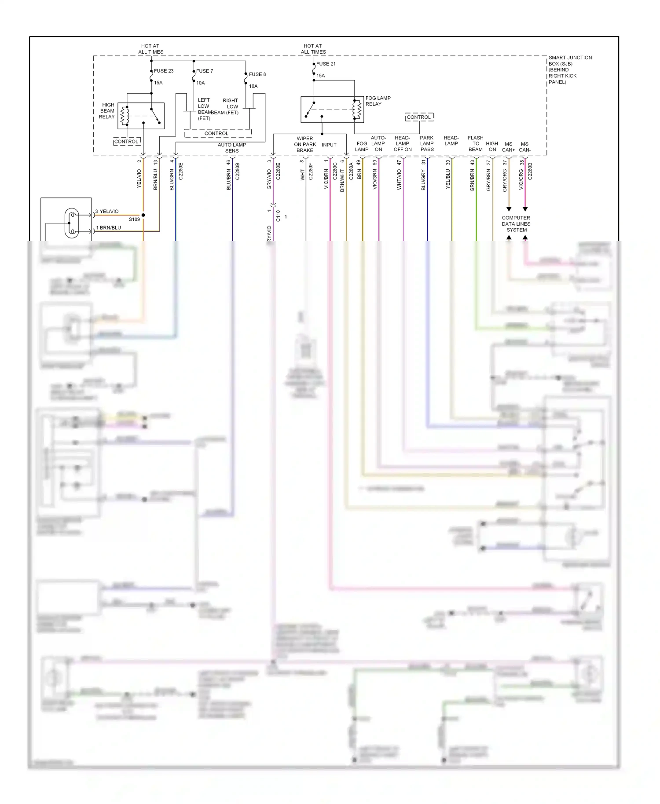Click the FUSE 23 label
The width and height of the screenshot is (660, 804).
(x=163, y=71)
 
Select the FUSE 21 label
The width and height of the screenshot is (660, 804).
(x=326, y=64)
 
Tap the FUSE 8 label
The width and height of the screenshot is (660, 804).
(x=257, y=74)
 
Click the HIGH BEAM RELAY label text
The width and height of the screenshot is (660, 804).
(x=107, y=111)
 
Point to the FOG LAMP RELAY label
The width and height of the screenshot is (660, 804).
(x=378, y=101)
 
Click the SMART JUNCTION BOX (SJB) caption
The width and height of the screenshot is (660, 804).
(x=569, y=69)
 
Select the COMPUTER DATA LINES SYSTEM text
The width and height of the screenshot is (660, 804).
(x=516, y=224)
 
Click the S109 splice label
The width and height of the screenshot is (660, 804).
(x=134, y=219)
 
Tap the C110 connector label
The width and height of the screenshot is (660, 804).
(x=278, y=216)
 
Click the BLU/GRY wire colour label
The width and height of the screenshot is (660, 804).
(x=423, y=180)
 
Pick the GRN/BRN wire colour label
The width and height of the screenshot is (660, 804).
(x=472, y=180)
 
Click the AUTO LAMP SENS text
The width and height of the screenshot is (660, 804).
(x=231, y=148)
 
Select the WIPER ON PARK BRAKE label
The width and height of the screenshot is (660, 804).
(x=304, y=144)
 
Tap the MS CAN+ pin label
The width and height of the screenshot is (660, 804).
(x=508, y=147)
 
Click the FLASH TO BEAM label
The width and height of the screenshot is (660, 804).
(x=475, y=143)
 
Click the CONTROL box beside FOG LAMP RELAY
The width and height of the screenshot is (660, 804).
(x=419, y=117)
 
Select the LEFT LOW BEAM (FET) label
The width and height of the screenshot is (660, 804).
(x=204, y=109)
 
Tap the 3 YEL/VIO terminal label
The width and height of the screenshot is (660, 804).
(x=107, y=212)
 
